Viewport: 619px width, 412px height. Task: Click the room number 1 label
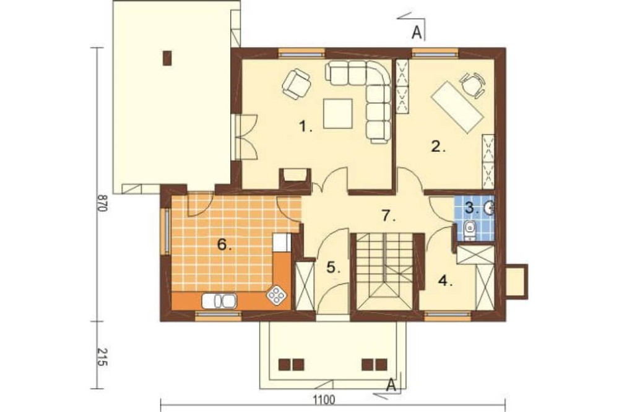pyautogui.click(x=306, y=127)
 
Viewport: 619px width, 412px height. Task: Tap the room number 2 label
pyautogui.click(x=438, y=147)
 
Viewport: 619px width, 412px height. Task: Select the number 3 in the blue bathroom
pyautogui.click(x=472, y=208)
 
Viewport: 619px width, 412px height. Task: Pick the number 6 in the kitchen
pyautogui.click(x=225, y=245)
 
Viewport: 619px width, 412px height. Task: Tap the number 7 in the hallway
pyautogui.click(x=389, y=216)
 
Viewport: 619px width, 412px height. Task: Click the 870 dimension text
pyautogui.click(x=102, y=203)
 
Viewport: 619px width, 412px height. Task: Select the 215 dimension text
pyautogui.click(x=102, y=357)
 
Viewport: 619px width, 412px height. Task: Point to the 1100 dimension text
pyautogui.click(x=324, y=400)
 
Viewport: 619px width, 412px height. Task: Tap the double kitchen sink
pyautogui.click(x=219, y=301)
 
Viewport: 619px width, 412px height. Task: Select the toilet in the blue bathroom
pyautogui.click(x=470, y=231)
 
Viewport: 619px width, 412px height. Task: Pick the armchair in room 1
pyautogui.click(x=296, y=84)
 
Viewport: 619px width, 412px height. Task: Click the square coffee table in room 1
pyautogui.click(x=338, y=113)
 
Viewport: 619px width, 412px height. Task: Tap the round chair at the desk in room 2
pyautogui.click(x=472, y=85)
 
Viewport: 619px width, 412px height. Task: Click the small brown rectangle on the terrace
pyautogui.click(x=168, y=58)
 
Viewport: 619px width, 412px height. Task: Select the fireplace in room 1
pyautogui.click(x=295, y=176)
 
